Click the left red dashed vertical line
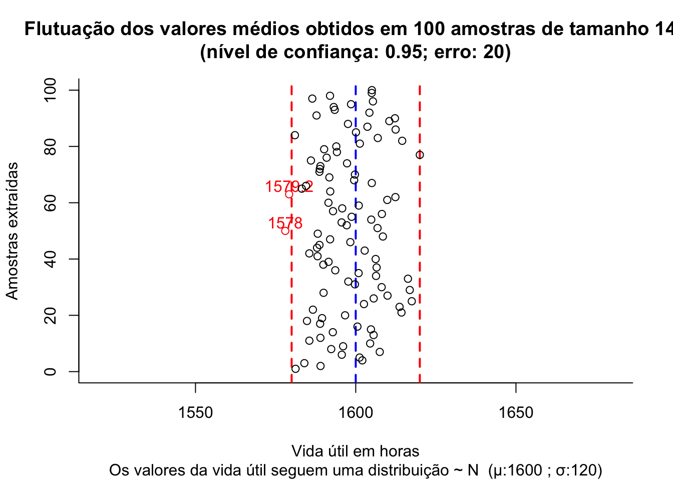coord(291,281)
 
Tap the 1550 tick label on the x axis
coord(195,413)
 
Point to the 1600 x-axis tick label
coord(356,413)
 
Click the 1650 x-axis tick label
coord(516,413)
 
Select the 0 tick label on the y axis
coord(50,371)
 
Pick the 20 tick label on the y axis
coord(50,315)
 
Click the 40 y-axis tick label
coord(50,259)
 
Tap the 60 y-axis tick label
coord(50,202)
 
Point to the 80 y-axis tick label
coord(50,146)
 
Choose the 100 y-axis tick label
coord(50,90)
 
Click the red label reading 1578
coord(285,223)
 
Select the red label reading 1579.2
coord(289,187)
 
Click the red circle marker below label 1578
coord(285,231)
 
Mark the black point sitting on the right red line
coord(420,155)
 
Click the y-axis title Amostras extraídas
coord(12,230)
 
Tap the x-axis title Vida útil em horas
coord(356,451)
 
